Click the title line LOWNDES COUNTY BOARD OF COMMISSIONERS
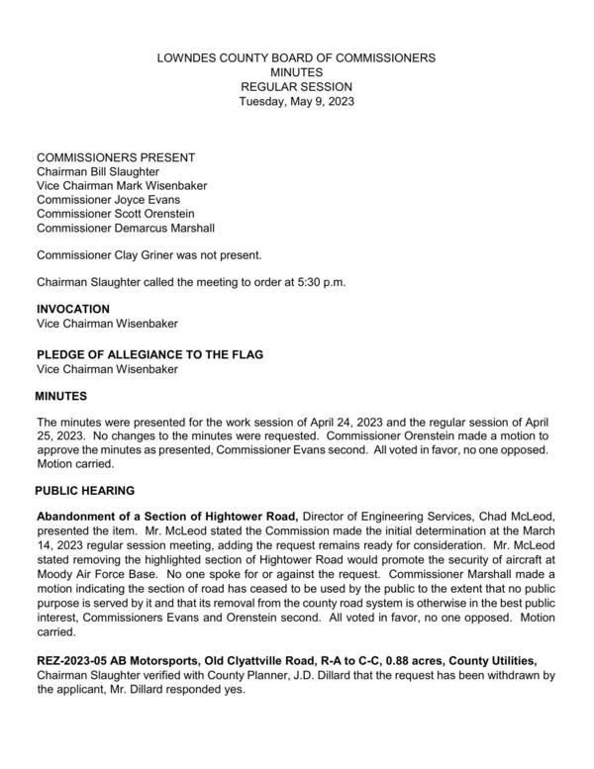[x=296, y=58]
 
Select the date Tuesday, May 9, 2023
[x=296, y=101]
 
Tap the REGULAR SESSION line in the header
[x=296, y=87]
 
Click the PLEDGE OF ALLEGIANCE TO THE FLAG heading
[x=149, y=354]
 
